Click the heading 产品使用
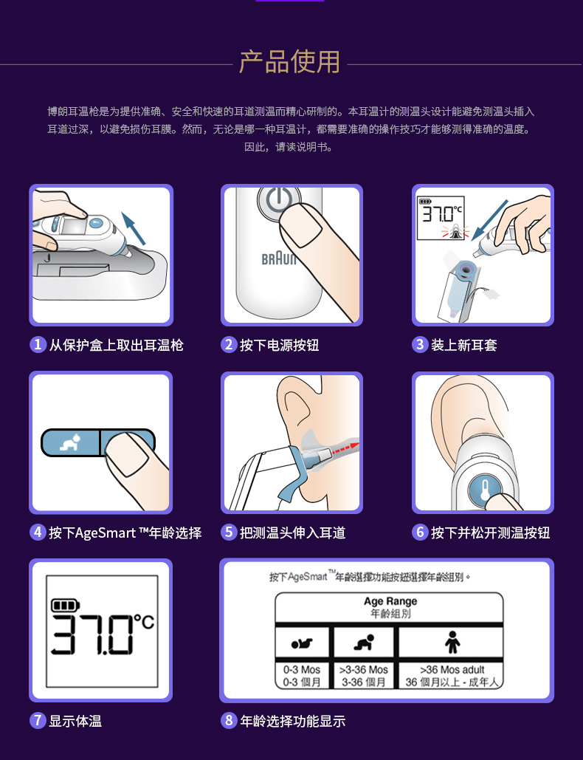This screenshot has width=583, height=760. (290, 62)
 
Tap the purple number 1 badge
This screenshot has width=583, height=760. (38, 345)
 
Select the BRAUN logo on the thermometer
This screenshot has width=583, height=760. (278, 259)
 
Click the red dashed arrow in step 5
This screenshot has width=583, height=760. (342, 445)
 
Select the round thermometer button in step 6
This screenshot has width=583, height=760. (486, 490)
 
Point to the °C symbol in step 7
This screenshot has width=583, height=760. (144, 622)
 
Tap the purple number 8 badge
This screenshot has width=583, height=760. (229, 721)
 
